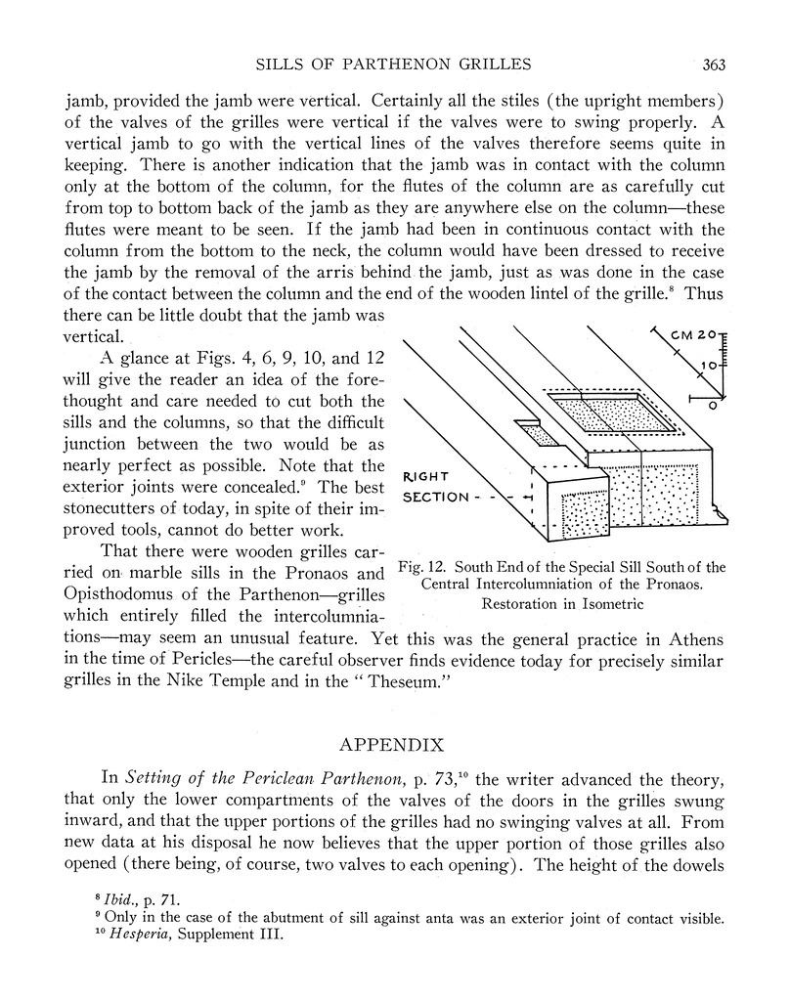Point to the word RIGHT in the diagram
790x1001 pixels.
(426, 477)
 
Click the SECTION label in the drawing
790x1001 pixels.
(436, 497)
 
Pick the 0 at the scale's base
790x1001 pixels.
(712, 404)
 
